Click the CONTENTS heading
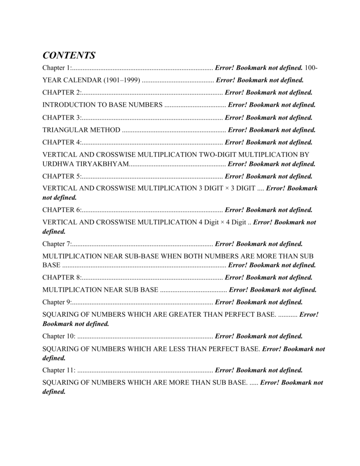pyautogui.click(x=69, y=56)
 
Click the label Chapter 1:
pyautogui.click(x=57, y=68)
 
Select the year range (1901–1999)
pyautogui.click(x=122, y=80)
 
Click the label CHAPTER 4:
pyautogui.click(x=62, y=142)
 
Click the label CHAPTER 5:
pyautogui.click(x=62, y=176)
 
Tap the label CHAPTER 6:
pyautogui.click(x=62, y=210)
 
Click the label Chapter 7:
pyautogui.click(x=57, y=244)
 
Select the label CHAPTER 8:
pyautogui.click(x=62, y=277)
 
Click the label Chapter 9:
pyautogui.click(x=57, y=302)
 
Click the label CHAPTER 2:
pyautogui.click(x=62, y=92)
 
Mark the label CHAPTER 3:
pyautogui.click(x=62, y=117)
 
